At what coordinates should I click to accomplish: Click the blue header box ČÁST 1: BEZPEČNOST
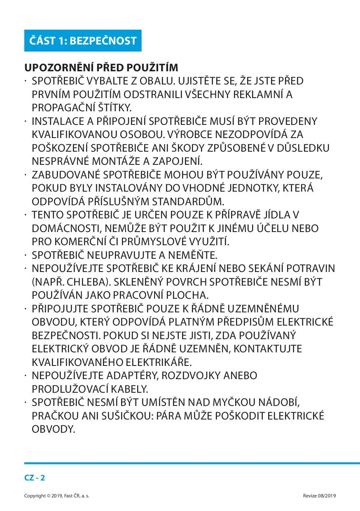coord(83,41)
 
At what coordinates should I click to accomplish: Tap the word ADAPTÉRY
coord(133,375)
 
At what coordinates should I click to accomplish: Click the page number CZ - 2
coord(35,478)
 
